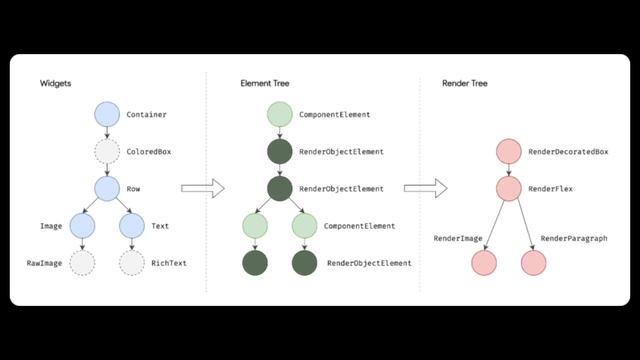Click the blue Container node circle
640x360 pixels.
107,115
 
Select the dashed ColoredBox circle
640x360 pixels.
107,152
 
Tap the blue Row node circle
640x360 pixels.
107,188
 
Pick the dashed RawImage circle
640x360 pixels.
83,263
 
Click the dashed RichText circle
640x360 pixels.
132,263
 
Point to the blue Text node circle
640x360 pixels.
132,226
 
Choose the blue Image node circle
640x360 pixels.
83,226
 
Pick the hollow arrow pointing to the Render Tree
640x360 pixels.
425,188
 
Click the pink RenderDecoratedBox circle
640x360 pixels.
509,152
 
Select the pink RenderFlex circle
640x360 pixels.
509,188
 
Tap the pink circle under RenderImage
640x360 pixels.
484,263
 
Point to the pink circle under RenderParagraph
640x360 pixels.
534,263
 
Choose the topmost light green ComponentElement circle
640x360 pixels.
280,115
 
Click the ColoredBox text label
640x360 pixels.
149,152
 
